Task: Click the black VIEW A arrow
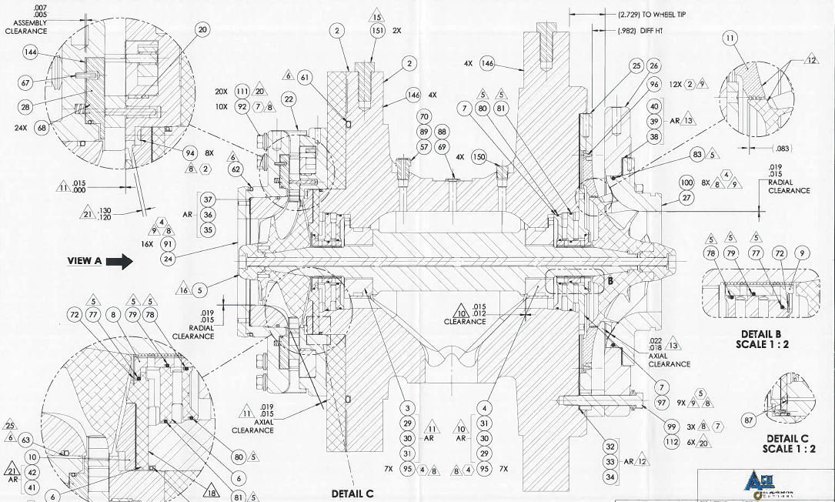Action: pyautogui.click(x=119, y=261)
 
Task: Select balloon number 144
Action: pyautogui.click(x=31, y=52)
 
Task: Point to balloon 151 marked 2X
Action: pyautogui.click(x=377, y=31)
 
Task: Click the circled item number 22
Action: pyautogui.click(x=289, y=99)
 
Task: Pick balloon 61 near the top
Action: pyautogui.click(x=306, y=77)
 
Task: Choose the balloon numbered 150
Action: pyautogui.click(x=479, y=157)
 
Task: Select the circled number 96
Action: pyautogui.click(x=654, y=84)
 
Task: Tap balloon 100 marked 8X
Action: pyautogui.click(x=686, y=182)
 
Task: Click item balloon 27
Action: pyautogui.click(x=686, y=198)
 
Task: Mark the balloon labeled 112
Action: pyautogui.click(x=671, y=442)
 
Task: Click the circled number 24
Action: pyautogui.click(x=168, y=259)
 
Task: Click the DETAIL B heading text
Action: pyautogui.click(x=761, y=334)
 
